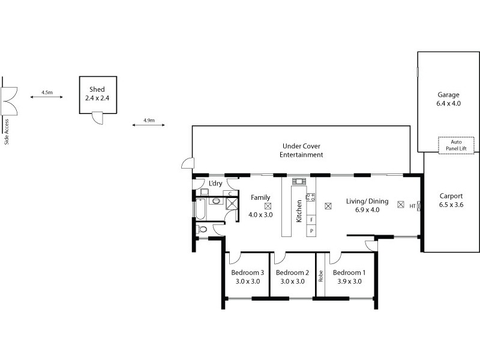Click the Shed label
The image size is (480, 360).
(97, 89)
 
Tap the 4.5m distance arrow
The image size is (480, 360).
(47, 98)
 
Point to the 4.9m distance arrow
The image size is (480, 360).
(149, 125)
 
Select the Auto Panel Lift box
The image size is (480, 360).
(456, 145)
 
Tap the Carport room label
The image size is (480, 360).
(451, 196)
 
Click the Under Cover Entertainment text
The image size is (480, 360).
(301, 150)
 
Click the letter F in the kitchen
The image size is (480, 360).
(311, 220)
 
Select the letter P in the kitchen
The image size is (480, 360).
(311, 231)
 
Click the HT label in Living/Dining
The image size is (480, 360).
(412, 206)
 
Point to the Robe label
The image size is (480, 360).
(321, 275)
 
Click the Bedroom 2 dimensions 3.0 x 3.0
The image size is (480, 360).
(290, 281)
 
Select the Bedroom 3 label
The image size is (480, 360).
(248, 272)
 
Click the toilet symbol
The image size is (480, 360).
(203, 229)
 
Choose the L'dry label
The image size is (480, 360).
(215, 183)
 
